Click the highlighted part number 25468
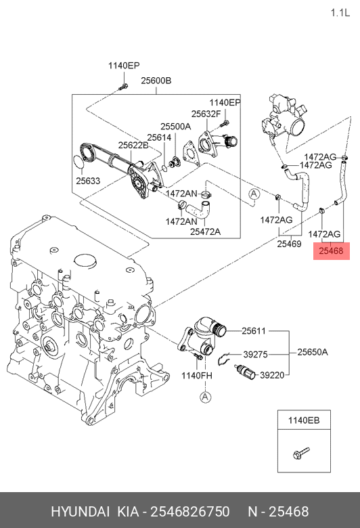coord(332,251)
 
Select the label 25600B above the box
coord(156,81)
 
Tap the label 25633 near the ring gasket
coord(88,181)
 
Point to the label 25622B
coord(133,145)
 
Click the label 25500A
coord(175,127)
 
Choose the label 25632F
coord(206,114)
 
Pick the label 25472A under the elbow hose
coord(206,232)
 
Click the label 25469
coord(289,244)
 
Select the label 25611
coord(254,331)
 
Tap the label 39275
coord(256,354)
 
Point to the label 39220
coord(272,375)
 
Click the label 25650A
coord(313,352)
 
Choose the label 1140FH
coord(197,375)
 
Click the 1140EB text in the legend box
coord(304,420)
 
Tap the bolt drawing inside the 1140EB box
coord(301,454)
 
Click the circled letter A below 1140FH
coord(206,397)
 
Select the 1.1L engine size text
coord(340,13)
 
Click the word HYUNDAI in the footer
coord(81,512)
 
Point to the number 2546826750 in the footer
coord(190,512)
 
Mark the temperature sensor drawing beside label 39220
coord(246,371)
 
